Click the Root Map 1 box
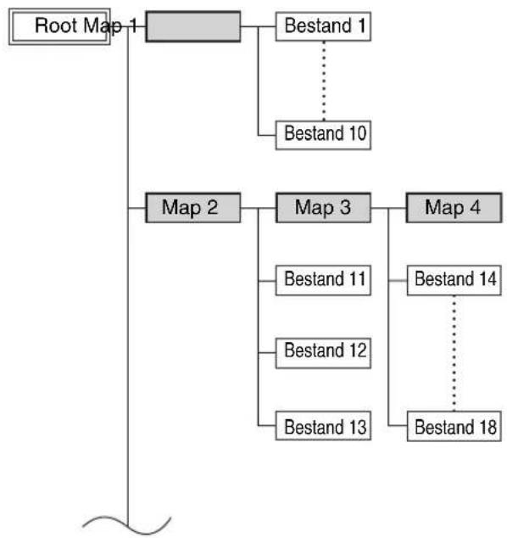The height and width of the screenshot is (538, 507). tap(59, 26)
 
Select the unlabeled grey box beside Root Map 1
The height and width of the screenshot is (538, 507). tap(193, 26)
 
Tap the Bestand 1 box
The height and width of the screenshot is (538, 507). tap(323, 26)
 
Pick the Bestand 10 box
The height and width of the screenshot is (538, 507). tap(323, 135)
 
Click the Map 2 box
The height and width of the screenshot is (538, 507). tap(193, 208)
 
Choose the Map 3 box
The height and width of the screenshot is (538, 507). tap(323, 208)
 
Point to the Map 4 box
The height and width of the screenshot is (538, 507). tap(454, 208)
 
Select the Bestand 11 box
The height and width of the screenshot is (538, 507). tap(323, 280)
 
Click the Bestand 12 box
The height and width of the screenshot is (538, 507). tap(323, 353)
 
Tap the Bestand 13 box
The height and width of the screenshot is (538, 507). tap(323, 426)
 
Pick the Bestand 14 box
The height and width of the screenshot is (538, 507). tap(454, 280)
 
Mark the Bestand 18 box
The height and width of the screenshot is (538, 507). tap(454, 426)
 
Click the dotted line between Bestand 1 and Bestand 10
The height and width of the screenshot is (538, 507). tap(324, 81)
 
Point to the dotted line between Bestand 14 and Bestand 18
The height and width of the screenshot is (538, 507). tap(454, 353)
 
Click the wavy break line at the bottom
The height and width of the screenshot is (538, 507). tap(127, 525)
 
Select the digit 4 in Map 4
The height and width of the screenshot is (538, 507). tap(475, 207)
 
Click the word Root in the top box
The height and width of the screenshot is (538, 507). tap(57, 25)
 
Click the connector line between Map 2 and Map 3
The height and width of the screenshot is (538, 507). tap(258, 208)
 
